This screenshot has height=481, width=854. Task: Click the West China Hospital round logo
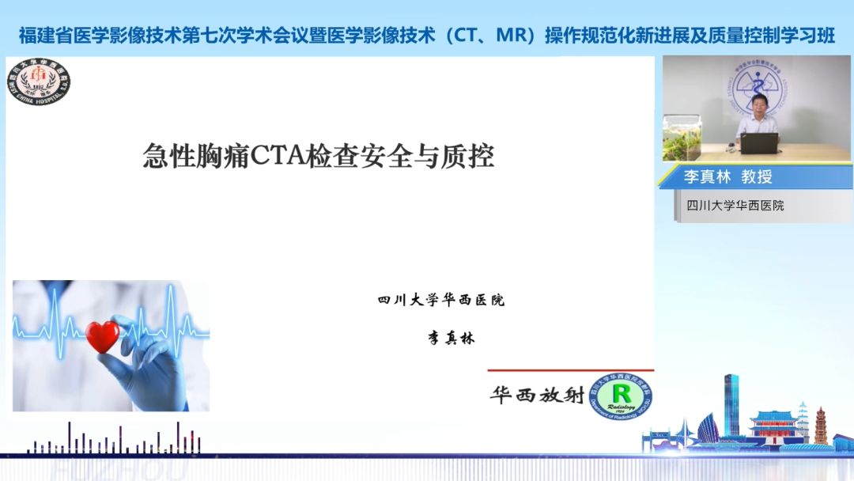click(x=39, y=82)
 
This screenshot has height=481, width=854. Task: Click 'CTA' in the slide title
click(x=274, y=156)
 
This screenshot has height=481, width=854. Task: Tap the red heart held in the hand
click(x=103, y=336)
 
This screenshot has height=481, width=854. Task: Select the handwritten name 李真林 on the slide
click(x=452, y=338)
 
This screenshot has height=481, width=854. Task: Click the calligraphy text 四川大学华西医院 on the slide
click(x=440, y=301)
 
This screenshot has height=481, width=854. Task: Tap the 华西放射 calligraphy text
click(x=537, y=395)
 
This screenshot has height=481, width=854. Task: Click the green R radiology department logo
click(x=621, y=396)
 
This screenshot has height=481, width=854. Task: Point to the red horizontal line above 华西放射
click(x=570, y=370)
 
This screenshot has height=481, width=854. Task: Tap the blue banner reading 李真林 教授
click(x=727, y=176)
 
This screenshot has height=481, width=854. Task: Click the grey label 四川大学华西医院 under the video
click(x=735, y=206)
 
